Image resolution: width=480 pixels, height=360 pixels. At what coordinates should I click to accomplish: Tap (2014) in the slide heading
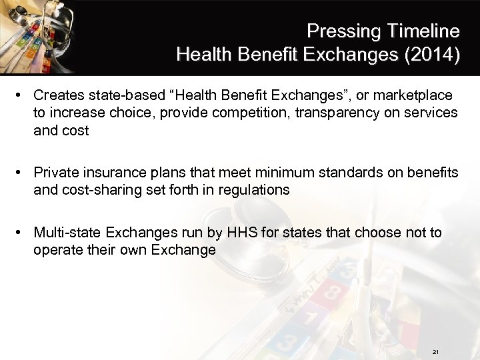pos(431,54)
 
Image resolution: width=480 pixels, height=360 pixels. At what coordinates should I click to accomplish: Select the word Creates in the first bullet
pos(56,95)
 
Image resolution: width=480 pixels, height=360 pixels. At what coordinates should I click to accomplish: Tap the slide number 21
pos(435,351)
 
